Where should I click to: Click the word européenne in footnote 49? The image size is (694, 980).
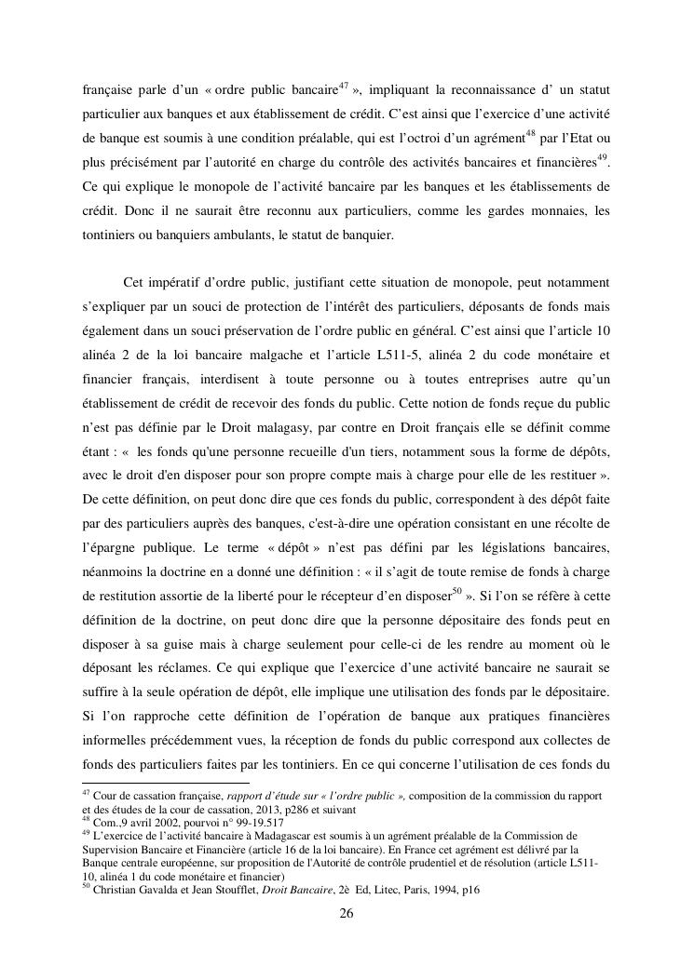coord(186,862)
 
